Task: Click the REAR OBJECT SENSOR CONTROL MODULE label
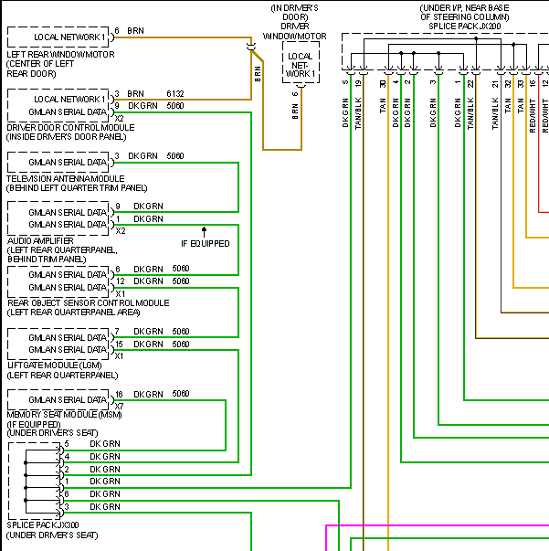(88, 302)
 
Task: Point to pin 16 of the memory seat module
(119, 394)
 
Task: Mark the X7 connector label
(119, 405)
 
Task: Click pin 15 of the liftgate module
(119, 344)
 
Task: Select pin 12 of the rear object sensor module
(119, 281)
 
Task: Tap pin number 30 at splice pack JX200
(384, 83)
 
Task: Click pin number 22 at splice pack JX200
(470, 83)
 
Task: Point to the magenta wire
(438, 526)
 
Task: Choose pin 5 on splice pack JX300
(67, 443)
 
